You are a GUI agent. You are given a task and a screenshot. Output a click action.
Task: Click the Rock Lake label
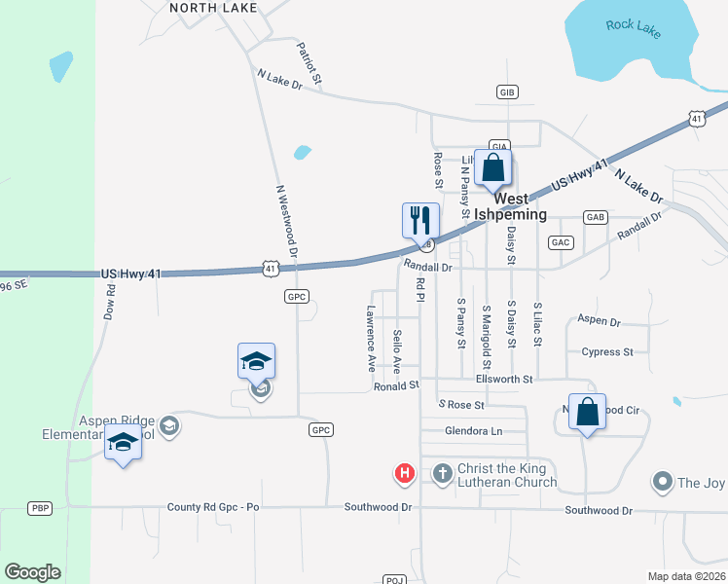tap(633, 27)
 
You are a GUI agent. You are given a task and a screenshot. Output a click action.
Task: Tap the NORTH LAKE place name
tap(213, 8)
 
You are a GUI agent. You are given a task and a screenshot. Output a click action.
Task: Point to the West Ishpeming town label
tap(521, 206)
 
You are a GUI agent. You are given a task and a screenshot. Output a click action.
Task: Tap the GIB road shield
tap(505, 91)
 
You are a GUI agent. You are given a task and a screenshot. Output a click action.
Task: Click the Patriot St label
tap(309, 60)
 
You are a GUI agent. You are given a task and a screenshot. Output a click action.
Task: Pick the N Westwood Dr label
tap(286, 223)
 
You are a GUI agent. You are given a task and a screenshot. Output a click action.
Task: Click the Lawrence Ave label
tap(371, 341)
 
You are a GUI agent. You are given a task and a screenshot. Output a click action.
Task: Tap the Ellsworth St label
tap(505, 379)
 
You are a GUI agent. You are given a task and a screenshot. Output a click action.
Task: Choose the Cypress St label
tap(606, 351)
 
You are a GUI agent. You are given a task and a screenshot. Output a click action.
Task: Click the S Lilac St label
tap(536, 325)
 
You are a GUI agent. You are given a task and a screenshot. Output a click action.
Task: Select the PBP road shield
tap(40, 508)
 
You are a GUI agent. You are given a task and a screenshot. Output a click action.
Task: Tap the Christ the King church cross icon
tap(442, 474)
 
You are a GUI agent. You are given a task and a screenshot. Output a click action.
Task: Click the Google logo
tap(32, 572)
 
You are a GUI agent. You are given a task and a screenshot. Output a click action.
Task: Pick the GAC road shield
tap(561, 241)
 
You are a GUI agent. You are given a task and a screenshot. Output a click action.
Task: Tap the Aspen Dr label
tap(599, 319)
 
